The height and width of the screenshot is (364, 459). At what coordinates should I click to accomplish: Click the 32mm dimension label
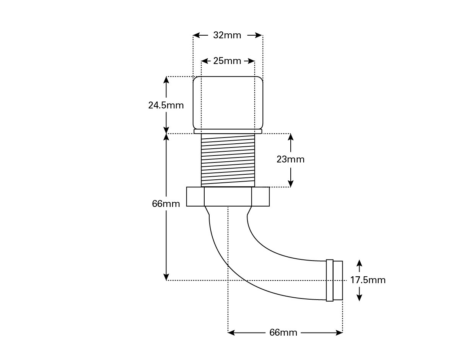click(227, 35)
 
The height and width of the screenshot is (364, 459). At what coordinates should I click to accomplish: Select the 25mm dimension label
click(227, 61)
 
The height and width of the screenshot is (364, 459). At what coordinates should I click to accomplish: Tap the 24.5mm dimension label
click(166, 105)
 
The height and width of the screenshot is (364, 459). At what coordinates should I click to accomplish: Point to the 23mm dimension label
click(290, 159)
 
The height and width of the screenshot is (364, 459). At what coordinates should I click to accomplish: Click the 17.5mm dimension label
click(368, 280)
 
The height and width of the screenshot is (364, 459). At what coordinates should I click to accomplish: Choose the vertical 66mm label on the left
click(166, 204)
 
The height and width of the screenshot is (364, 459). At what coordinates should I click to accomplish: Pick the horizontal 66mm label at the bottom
click(283, 333)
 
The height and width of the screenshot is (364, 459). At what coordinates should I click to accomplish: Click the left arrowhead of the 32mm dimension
click(196, 35)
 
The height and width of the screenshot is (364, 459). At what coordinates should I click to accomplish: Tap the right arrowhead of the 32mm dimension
click(259, 35)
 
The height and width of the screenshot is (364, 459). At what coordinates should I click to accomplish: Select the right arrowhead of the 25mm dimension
click(252, 61)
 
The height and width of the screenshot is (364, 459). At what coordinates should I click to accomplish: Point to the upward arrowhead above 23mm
click(290, 137)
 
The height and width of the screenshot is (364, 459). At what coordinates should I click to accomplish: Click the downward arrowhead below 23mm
click(290, 184)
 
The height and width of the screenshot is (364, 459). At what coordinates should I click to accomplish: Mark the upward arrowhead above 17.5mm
click(360, 263)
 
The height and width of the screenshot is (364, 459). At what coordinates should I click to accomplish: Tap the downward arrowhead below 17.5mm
click(360, 298)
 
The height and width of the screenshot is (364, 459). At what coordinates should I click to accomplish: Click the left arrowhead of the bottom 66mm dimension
click(231, 333)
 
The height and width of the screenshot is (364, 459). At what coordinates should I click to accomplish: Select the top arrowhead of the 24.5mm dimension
click(166, 80)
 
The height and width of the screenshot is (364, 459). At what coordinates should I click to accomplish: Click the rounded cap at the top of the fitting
click(228, 103)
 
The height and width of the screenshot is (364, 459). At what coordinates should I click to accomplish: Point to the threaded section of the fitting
click(228, 160)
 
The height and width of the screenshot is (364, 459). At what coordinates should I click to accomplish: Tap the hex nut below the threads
click(228, 197)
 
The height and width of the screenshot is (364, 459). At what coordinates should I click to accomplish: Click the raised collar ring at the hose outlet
click(330, 280)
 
